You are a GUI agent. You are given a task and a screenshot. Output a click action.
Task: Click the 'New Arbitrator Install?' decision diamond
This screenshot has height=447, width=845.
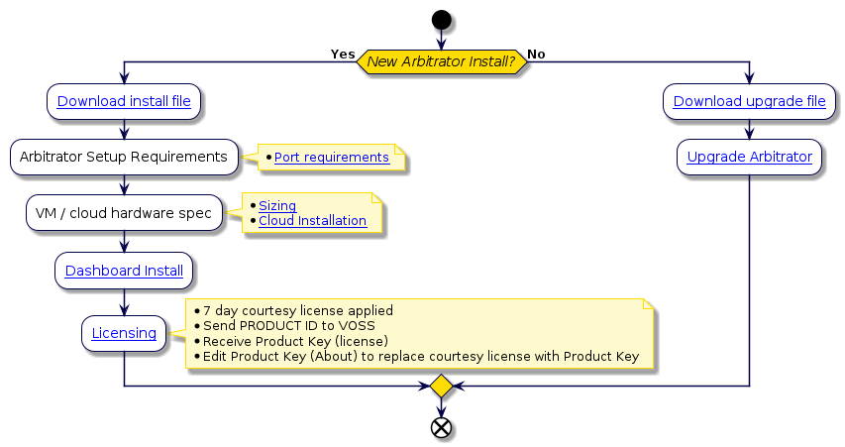441,62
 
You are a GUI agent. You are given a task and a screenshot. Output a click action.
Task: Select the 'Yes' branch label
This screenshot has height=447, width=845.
343,54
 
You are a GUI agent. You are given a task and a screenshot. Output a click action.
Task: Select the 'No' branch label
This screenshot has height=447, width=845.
535,54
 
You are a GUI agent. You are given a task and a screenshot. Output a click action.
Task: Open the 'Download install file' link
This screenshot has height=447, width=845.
125,101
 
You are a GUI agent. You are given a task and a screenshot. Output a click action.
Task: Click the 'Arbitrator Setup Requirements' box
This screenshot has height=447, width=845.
125,156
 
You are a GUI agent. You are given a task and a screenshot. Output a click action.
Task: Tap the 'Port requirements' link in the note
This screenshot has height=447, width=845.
331,158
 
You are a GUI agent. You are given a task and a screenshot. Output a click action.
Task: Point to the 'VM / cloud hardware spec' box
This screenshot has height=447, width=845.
125,212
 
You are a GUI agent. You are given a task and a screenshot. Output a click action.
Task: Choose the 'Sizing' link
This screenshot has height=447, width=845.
277,205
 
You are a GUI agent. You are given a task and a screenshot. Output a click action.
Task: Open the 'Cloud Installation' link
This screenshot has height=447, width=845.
312,220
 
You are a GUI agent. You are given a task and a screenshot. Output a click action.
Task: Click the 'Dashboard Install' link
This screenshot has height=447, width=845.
124,270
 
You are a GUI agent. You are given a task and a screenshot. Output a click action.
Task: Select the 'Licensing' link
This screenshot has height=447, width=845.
124,333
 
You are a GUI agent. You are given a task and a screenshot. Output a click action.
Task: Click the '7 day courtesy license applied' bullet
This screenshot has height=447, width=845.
298,310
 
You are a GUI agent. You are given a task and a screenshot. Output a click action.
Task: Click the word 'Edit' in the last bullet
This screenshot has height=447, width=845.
216,356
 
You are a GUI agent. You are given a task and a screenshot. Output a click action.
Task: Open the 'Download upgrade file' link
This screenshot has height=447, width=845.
749,101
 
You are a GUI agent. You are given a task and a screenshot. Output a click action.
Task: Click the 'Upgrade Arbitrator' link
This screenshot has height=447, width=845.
749,157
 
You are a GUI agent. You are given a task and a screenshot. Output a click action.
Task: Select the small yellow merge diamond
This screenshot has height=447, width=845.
441,385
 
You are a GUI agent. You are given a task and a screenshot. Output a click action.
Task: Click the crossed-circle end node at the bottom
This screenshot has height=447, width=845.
441,426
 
